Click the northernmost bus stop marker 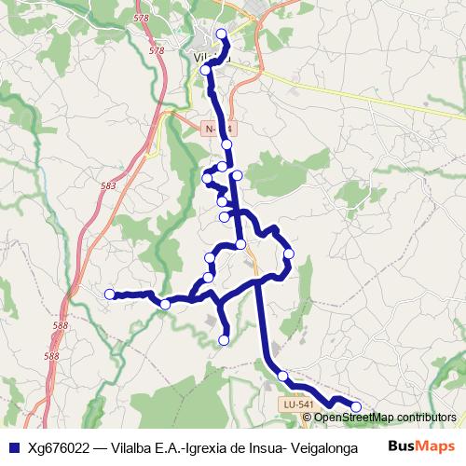[x=221, y=34]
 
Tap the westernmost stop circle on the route [x=109, y=295]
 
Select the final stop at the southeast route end [x=355, y=406]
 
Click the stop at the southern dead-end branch [x=224, y=341]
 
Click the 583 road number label [x=109, y=186]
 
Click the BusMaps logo [x=422, y=445]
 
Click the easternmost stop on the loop [x=289, y=254]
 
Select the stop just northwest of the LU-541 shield [x=282, y=376]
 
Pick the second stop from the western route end [x=165, y=304]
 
